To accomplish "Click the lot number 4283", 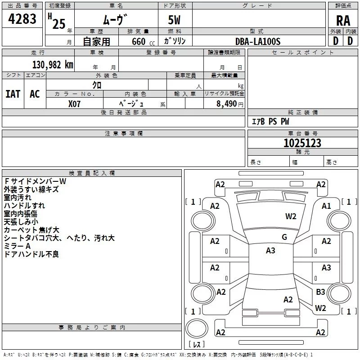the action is (22, 19).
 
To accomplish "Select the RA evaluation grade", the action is (343, 21).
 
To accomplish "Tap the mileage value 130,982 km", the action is (53, 65).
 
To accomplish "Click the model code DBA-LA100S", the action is (258, 41).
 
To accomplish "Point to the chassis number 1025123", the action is (302, 143).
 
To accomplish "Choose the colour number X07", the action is (74, 104).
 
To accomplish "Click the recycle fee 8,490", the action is (226, 104).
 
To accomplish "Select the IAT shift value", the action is (13, 94).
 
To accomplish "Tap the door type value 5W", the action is (174, 20).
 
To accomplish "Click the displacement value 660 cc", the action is (143, 42).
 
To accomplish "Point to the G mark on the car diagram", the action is (284, 237).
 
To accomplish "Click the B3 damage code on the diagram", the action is (320, 292).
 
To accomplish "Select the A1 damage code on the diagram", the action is (326, 206).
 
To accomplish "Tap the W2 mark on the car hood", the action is (291, 216).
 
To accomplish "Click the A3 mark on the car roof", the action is (270, 251).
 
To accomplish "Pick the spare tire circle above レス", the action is (197, 328).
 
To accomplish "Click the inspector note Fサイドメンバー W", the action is (35, 181).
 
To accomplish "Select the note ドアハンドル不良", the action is (31, 254).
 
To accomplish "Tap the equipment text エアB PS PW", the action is (270, 121).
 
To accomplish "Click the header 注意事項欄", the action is (124, 133).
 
